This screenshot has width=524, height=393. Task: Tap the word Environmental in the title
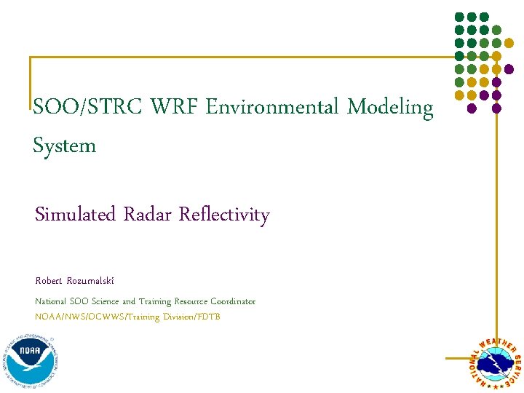pyautogui.click(x=272, y=108)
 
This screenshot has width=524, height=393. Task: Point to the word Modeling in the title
pyautogui.click(x=390, y=108)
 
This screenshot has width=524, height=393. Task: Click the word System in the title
pyautogui.click(x=65, y=146)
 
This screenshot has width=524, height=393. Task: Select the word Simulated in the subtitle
pyautogui.click(x=76, y=215)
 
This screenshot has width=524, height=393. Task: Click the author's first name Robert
pyautogui.click(x=49, y=281)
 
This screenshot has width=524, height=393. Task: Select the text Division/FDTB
pyautogui.click(x=196, y=317)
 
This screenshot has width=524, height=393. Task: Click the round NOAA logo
pyautogui.click(x=31, y=356)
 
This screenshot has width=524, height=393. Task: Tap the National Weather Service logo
pyautogui.click(x=494, y=363)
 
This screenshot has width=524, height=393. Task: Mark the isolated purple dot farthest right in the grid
pyautogui.click(x=509, y=69)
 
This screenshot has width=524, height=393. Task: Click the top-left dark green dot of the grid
pyautogui.click(x=458, y=17)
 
